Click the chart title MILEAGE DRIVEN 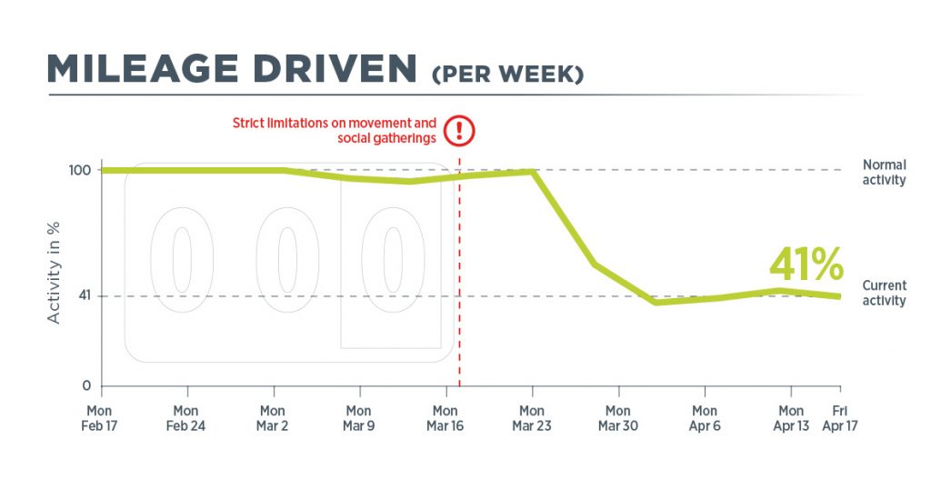coord(232,69)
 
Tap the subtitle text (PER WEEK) coord(507,75)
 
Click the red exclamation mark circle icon coord(459,131)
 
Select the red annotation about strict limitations coord(335,131)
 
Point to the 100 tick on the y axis coord(80,170)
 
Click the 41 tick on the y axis coord(85,295)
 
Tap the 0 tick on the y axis coord(86,385)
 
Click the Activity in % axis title coord(54,273)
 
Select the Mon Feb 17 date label coord(99,418)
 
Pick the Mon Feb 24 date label coord(185,418)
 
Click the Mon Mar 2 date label coord(272,418)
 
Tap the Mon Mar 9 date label coord(358,418)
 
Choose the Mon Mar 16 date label coord(445,418)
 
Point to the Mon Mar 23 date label coord(531,418)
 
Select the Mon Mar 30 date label coord(618,418)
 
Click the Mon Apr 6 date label coord(705,418)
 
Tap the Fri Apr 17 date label coord(840,418)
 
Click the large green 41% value coord(806,264)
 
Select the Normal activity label coord(884,172)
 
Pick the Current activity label coord(884,294)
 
